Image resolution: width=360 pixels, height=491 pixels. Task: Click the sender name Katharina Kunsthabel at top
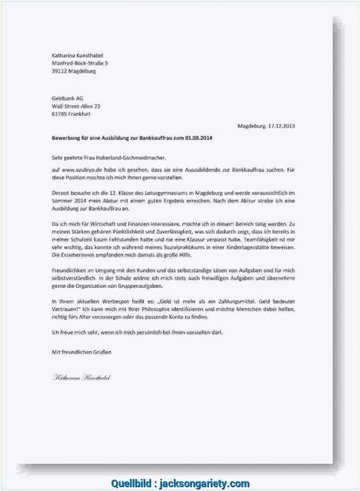pyautogui.click(x=76, y=54)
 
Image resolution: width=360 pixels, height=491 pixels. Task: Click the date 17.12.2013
pyautogui.click(x=280, y=126)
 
